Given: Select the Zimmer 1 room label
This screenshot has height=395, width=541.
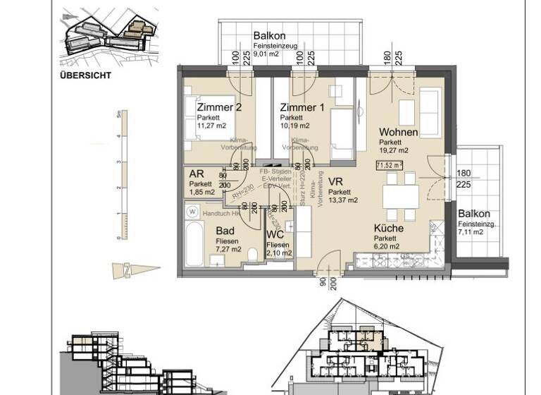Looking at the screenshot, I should click(x=302, y=107).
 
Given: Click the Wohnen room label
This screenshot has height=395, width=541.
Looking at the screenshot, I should click(x=398, y=133).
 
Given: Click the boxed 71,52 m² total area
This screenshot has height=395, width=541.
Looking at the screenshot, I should click(x=388, y=166).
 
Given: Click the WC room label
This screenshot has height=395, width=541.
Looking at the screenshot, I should click(x=275, y=236).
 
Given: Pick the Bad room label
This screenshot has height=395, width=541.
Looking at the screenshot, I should click(x=226, y=231).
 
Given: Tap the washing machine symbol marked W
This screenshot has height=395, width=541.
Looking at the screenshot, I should click(x=192, y=210).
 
